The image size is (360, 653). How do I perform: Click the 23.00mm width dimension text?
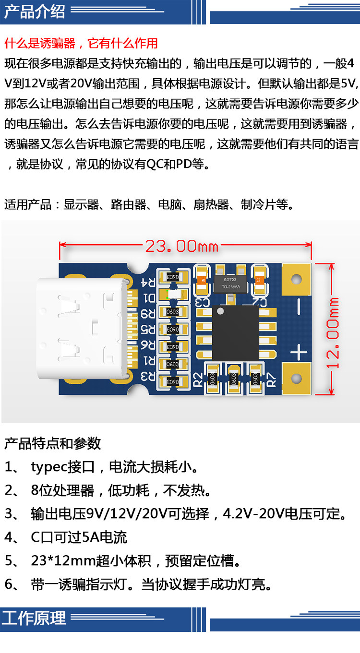pos(181,246)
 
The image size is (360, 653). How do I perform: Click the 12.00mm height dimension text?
pos(333,333)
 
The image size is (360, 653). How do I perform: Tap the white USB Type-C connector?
pos(83,329)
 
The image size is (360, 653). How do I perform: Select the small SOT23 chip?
pos(230,283)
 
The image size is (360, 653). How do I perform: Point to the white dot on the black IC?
pos(220,311)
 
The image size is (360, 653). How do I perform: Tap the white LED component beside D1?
pos(174,295)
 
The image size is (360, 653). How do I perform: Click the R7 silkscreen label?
pos(271,380)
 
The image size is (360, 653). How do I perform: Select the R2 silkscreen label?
pos(198,380)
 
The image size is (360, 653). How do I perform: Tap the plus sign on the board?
pos(299,352)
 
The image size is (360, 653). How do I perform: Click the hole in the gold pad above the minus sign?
pos(297,279)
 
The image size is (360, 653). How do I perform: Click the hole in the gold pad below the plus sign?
pos(297,379)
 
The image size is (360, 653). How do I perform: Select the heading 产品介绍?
pos(35,12)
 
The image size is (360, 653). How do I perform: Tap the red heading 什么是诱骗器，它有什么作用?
pos(81,44)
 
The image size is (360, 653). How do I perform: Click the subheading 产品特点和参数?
pos(52,443)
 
